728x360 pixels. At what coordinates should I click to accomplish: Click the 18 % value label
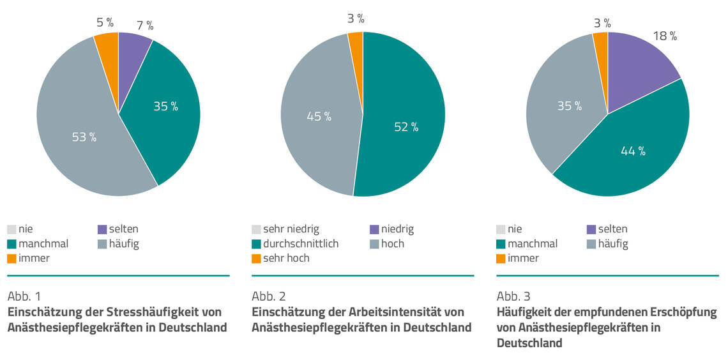pyautogui.click(x=664, y=36)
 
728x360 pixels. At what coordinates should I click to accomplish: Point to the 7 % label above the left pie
pyautogui.click(x=145, y=26)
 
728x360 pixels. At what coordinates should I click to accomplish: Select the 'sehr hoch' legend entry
pyautogui.click(x=285, y=259)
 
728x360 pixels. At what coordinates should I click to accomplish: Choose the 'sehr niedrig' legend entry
pyautogui.click(x=290, y=229)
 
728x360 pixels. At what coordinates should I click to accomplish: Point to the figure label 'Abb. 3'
pyautogui.click(x=513, y=296)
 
